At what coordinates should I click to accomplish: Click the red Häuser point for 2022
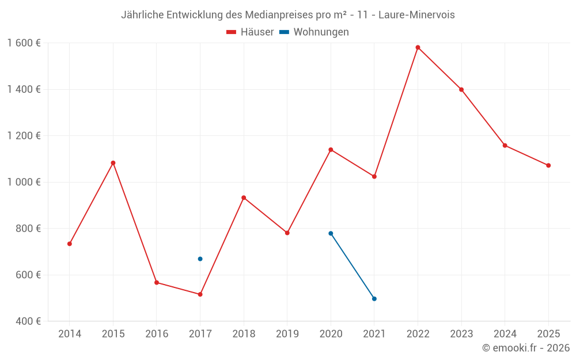(418, 47)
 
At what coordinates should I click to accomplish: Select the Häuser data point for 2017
(200, 294)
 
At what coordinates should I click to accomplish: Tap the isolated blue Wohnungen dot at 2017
(200, 259)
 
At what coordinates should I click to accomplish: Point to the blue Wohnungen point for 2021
(374, 299)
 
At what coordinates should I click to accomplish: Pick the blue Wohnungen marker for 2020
(331, 233)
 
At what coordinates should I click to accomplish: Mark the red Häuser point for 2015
(113, 163)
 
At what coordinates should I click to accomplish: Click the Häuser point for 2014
(70, 244)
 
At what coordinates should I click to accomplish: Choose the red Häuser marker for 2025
(548, 165)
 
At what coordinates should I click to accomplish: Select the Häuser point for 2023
(461, 89)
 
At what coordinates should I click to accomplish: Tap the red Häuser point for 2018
(244, 198)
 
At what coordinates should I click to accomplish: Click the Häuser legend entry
(250, 32)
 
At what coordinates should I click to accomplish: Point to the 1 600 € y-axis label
(24, 43)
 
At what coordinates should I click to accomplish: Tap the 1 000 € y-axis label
(24, 182)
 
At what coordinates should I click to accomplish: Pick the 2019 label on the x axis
(287, 334)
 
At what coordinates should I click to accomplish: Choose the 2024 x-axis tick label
(505, 334)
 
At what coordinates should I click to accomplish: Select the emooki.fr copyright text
(526, 348)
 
